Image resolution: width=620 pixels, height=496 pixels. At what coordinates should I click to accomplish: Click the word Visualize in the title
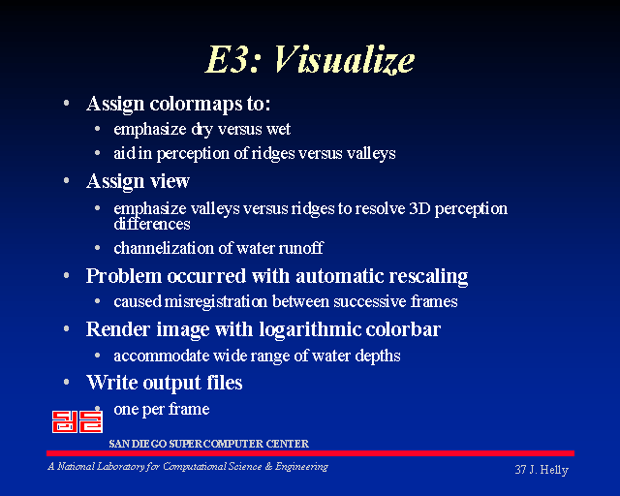[344, 60]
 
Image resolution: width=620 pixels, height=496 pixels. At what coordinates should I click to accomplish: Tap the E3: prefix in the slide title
[232, 59]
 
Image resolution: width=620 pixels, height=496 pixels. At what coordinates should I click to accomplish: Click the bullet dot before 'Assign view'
[67, 180]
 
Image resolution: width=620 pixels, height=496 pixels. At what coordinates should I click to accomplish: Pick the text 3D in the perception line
[419, 208]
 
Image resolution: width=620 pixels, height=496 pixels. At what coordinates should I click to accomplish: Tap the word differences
[152, 225]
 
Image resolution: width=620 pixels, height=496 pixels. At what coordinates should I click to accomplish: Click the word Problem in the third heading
[124, 276]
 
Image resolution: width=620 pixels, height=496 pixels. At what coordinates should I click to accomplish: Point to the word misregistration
[215, 302]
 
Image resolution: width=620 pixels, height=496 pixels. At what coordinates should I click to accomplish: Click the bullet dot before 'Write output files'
[67, 382]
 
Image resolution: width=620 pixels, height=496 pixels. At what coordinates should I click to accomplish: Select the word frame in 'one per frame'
[189, 409]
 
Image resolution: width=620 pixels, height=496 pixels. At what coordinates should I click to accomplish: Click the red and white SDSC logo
[77, 421]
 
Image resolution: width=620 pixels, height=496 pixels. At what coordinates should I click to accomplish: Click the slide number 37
[520, 470]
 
